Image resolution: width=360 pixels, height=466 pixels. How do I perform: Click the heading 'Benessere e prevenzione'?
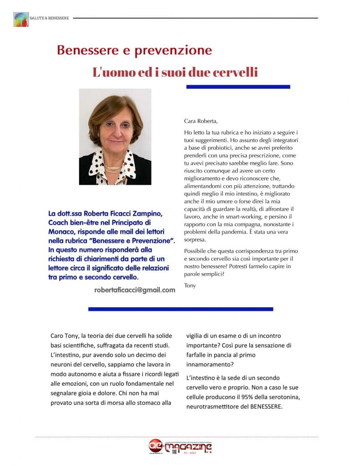tap(134, 50)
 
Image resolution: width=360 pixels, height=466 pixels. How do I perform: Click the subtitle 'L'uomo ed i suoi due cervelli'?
tap(175, 72)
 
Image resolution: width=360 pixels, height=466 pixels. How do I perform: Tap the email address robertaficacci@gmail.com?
tap(135, 290)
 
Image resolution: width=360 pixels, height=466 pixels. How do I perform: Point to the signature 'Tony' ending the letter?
tap(190, 286)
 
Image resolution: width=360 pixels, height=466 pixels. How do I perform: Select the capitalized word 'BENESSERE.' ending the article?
tap(267, 407)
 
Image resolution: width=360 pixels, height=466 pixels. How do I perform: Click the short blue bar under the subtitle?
tap(238, 86)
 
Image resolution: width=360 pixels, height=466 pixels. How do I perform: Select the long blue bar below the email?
tap(180, 309)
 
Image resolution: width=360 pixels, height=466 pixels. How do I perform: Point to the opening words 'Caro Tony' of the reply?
tap(66, 336)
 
